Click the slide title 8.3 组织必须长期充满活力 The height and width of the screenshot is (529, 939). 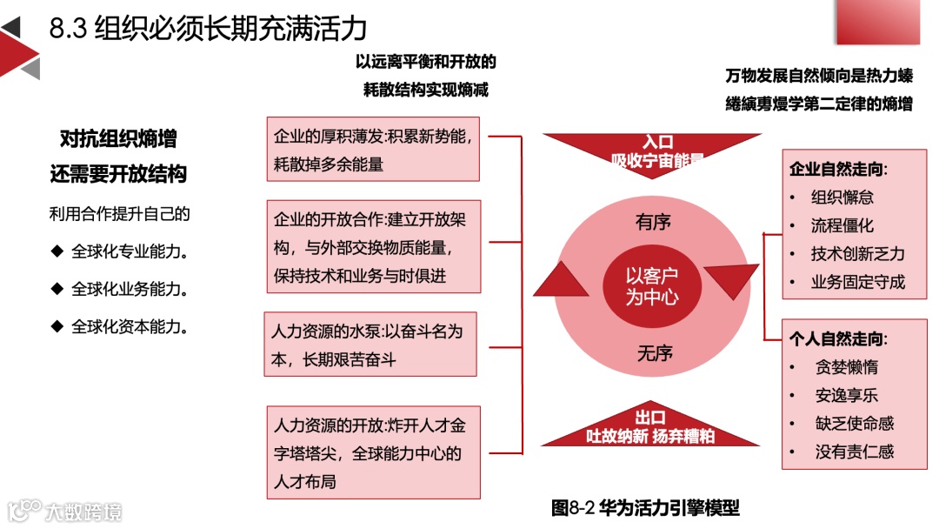pyautogui.click(x=208, y=29)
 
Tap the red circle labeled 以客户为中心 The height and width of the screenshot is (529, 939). pyautogui.click(x=652, y=286)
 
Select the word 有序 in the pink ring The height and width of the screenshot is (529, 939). pyautogui.click(x=653, y=223)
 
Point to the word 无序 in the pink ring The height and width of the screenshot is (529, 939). pyautogui.click(x=655, y=353)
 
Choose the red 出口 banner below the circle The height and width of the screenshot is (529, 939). pyautogui.click(x=651, y=425)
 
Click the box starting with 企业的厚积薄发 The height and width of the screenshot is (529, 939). pyautogui.click(x=371, y=149)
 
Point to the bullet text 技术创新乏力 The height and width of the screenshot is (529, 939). pyautogui.click(x=857, y=254)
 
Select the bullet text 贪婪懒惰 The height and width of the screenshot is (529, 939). pyautogui.click(x=846, y=367)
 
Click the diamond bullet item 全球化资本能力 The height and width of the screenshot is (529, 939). pyautogui.click(x=130, y=327)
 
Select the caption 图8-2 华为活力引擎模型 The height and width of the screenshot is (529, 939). pyautogui.click(x=645, y=507)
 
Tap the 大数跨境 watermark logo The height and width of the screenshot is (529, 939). pyautogui.click(x=65, y=511)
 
